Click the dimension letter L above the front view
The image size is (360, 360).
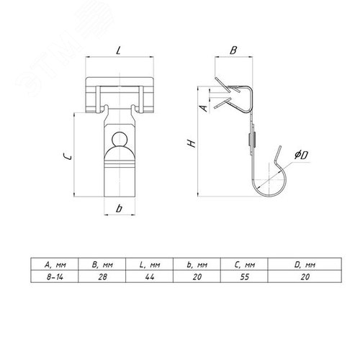pos(118,50)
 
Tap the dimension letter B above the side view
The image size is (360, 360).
pos(233,50)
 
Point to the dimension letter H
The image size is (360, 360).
pos(192,143)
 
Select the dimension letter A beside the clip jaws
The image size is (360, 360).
pos(204,108)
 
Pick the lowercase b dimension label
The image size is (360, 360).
pos(119,209)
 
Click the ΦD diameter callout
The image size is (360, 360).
pos(301,155)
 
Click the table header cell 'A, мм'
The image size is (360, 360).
pos(55,265)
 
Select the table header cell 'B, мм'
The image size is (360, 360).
pos(102,265)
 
